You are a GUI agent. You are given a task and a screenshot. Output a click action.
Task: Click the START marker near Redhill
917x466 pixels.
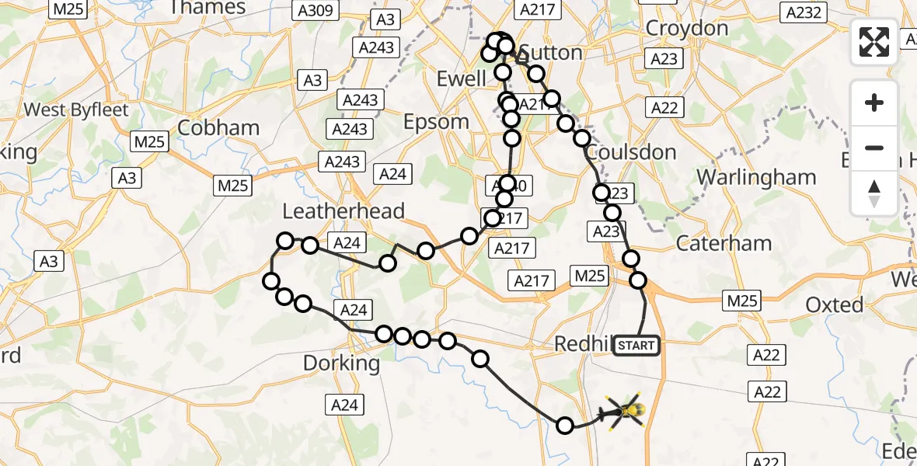click(636, 345)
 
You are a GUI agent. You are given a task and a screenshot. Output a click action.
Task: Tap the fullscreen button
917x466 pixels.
click(874, 41)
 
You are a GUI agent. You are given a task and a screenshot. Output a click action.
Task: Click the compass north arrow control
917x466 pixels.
click(874, 193)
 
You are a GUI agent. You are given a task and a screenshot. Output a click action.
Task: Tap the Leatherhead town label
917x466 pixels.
click(343, 210)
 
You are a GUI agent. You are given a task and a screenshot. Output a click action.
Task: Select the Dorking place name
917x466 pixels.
click(341, 363)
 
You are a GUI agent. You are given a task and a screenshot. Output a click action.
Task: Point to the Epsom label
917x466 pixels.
click(436, 122)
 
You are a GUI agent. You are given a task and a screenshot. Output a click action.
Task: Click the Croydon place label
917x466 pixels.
click(687, 29)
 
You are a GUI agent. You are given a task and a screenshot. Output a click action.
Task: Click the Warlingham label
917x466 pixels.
click(756, 177)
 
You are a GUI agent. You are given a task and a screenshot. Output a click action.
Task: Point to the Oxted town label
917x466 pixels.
click(834, 304)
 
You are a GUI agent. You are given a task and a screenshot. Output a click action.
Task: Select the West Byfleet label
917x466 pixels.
click(76, 110)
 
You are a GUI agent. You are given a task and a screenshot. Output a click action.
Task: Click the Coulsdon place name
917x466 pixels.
click(632, 151)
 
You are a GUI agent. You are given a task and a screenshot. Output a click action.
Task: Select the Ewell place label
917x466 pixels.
click(461, 78)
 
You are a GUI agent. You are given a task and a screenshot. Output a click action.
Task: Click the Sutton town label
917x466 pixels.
click(551, 53)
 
